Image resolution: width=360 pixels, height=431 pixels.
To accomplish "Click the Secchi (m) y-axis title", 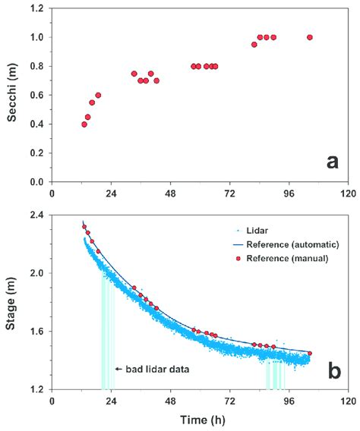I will coord(11,95).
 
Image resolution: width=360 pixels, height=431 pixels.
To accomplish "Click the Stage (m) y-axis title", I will coord(11,302).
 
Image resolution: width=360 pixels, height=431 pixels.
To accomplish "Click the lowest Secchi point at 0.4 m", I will coord(84,124).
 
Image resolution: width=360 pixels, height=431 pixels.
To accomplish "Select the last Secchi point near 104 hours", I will coord(309,37).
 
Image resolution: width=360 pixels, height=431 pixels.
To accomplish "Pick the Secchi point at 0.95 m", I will coord(254,44).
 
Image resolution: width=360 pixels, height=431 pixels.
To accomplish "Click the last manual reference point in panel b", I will coord(309,353).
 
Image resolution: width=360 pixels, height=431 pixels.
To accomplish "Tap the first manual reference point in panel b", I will coord(84,226).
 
